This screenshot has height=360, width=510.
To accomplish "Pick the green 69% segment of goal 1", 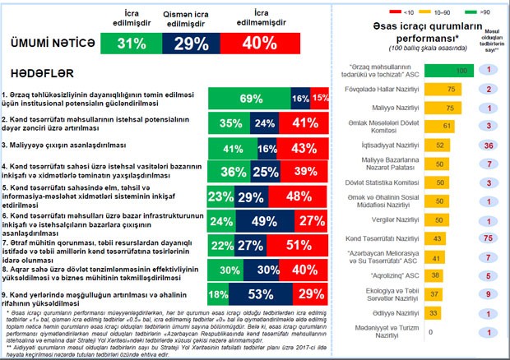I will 244,99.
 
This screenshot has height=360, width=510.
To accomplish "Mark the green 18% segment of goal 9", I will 219,293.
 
